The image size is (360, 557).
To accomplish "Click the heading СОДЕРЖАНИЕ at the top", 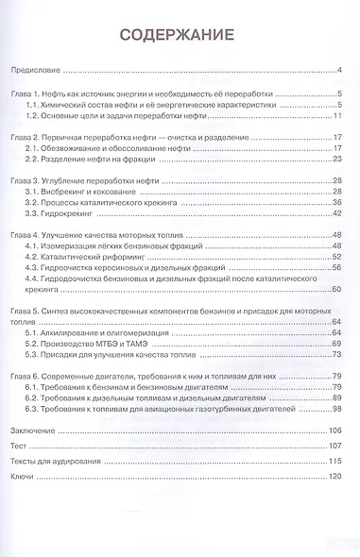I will [x=179, y=36].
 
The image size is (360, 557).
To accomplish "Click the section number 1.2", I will [x=38, y=115].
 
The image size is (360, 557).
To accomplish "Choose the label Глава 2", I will [x=23, y=138].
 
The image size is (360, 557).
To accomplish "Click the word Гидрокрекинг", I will [x=77, y=213].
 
